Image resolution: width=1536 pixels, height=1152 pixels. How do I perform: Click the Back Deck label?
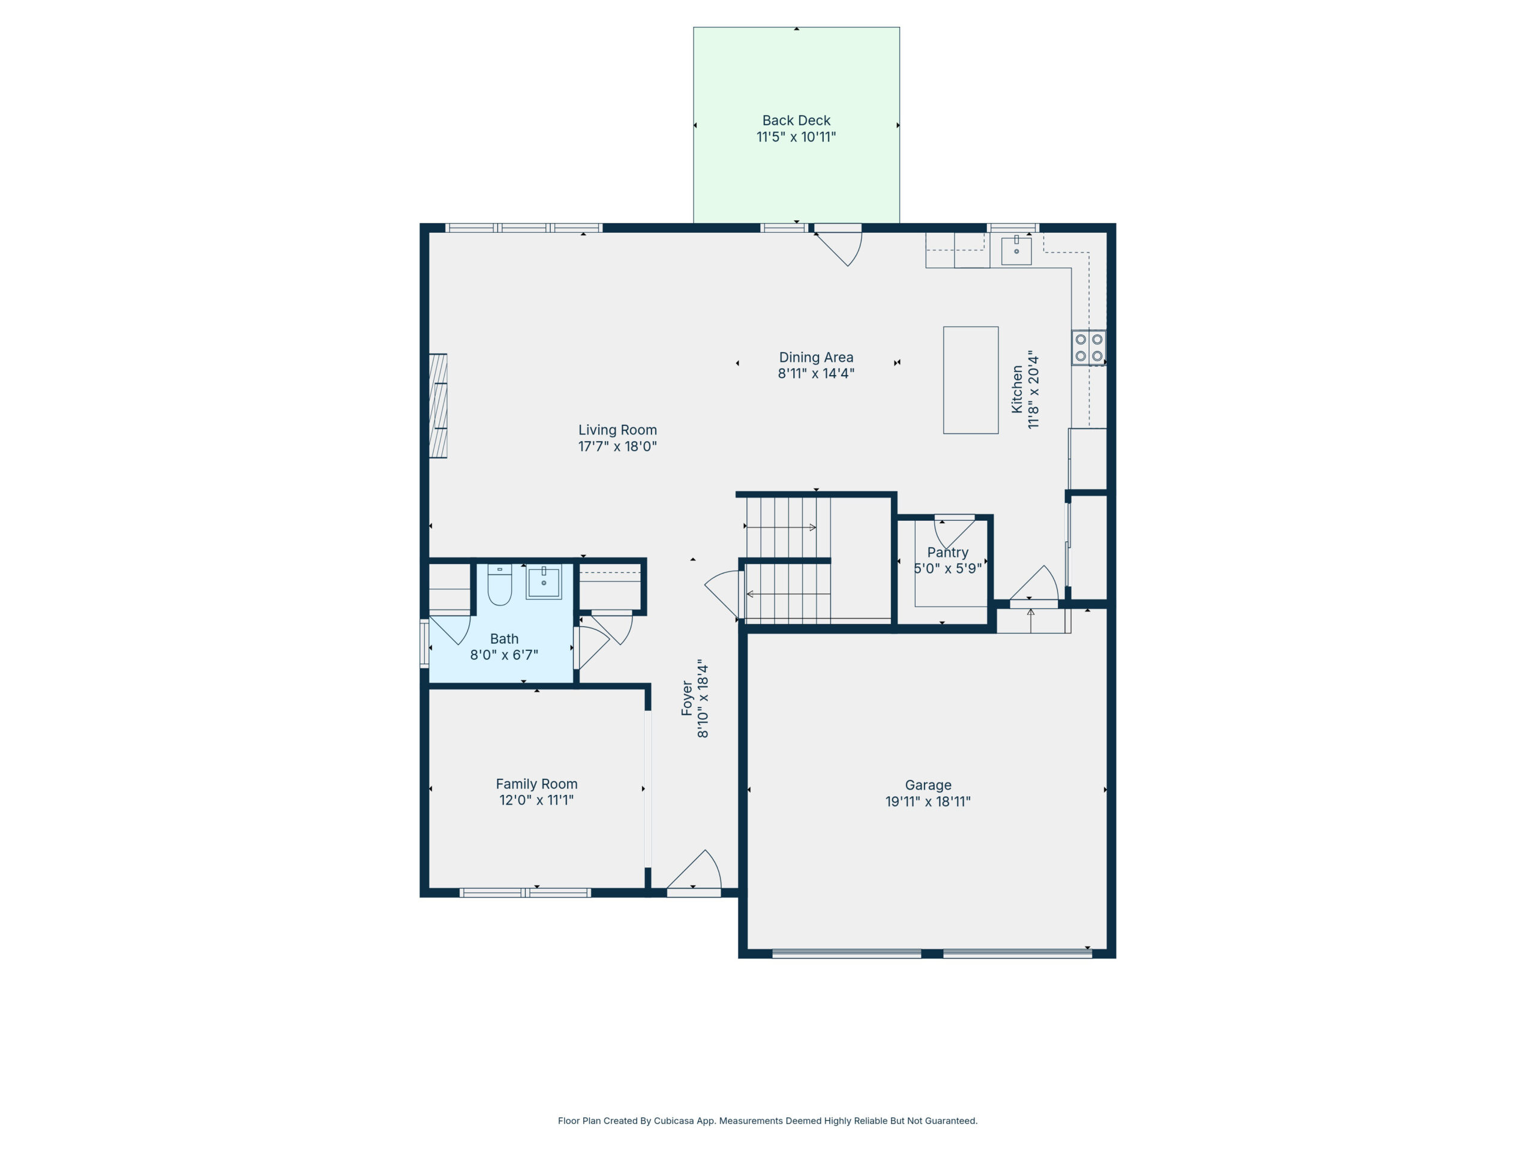click(796, 120)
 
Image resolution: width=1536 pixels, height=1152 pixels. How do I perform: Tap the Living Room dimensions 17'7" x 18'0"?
click(617, 446)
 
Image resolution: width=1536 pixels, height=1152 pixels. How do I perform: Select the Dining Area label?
click(816, 357)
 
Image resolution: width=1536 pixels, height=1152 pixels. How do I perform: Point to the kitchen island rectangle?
click(970, 380)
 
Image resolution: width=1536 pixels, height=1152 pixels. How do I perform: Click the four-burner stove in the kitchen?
click(1088, 347)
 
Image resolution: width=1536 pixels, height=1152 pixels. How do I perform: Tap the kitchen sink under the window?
click(1016, 251)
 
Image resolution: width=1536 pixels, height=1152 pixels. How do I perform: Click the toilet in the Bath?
click(499, 584)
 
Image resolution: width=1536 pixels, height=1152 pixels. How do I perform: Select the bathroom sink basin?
click(543, 582)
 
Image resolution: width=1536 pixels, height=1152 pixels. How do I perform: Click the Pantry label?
click(947, 552)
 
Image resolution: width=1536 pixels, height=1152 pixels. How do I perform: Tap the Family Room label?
click(536, 783)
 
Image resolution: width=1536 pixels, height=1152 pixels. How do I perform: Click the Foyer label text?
click(687, 698)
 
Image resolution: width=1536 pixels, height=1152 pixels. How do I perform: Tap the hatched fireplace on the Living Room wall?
click(437, 406)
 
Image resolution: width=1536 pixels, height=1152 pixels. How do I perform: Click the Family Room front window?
click(525, 892)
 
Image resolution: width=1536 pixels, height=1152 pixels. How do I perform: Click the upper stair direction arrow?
click(781, 527)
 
